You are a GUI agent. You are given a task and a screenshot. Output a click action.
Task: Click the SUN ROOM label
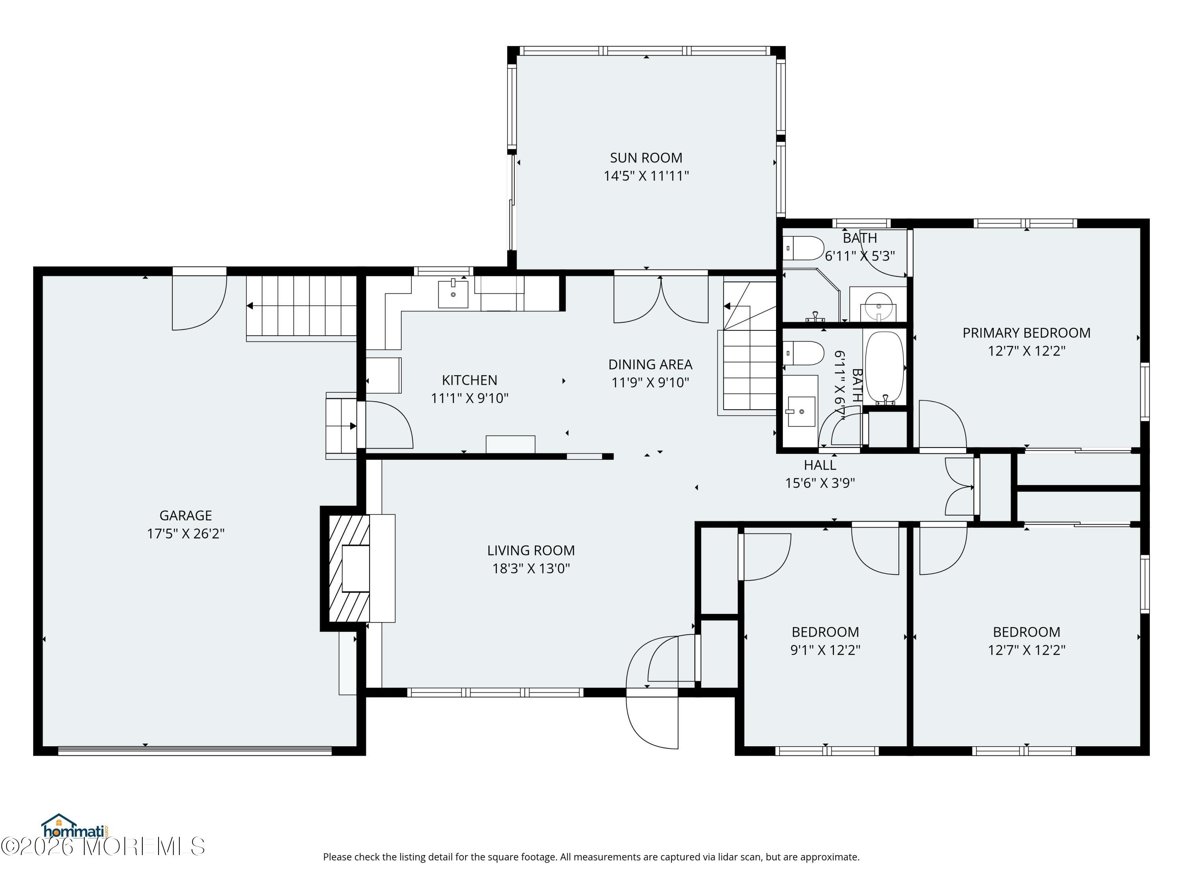[x=646, y=158]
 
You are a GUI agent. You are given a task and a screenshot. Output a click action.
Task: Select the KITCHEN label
[x=470, y=380]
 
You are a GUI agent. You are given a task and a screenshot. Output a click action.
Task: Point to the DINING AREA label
[x=650, y=365]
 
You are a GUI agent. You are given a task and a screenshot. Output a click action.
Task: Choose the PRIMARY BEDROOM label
[x=1026, y=333]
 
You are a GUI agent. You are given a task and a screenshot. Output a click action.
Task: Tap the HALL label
[x=820, y=465]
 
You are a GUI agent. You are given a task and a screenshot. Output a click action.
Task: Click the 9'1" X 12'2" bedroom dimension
[x=825, y=650]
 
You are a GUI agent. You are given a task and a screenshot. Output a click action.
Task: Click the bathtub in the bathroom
[x=884, y=367]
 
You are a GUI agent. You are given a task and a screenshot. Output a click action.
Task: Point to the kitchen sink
[x=453, y=293]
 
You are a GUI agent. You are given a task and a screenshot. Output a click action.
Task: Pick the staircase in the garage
[x=302, y=307]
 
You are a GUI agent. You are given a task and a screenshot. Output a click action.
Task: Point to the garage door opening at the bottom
[x=195, y=750]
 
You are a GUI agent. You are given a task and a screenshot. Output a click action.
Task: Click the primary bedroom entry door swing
[x=942, y=424]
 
